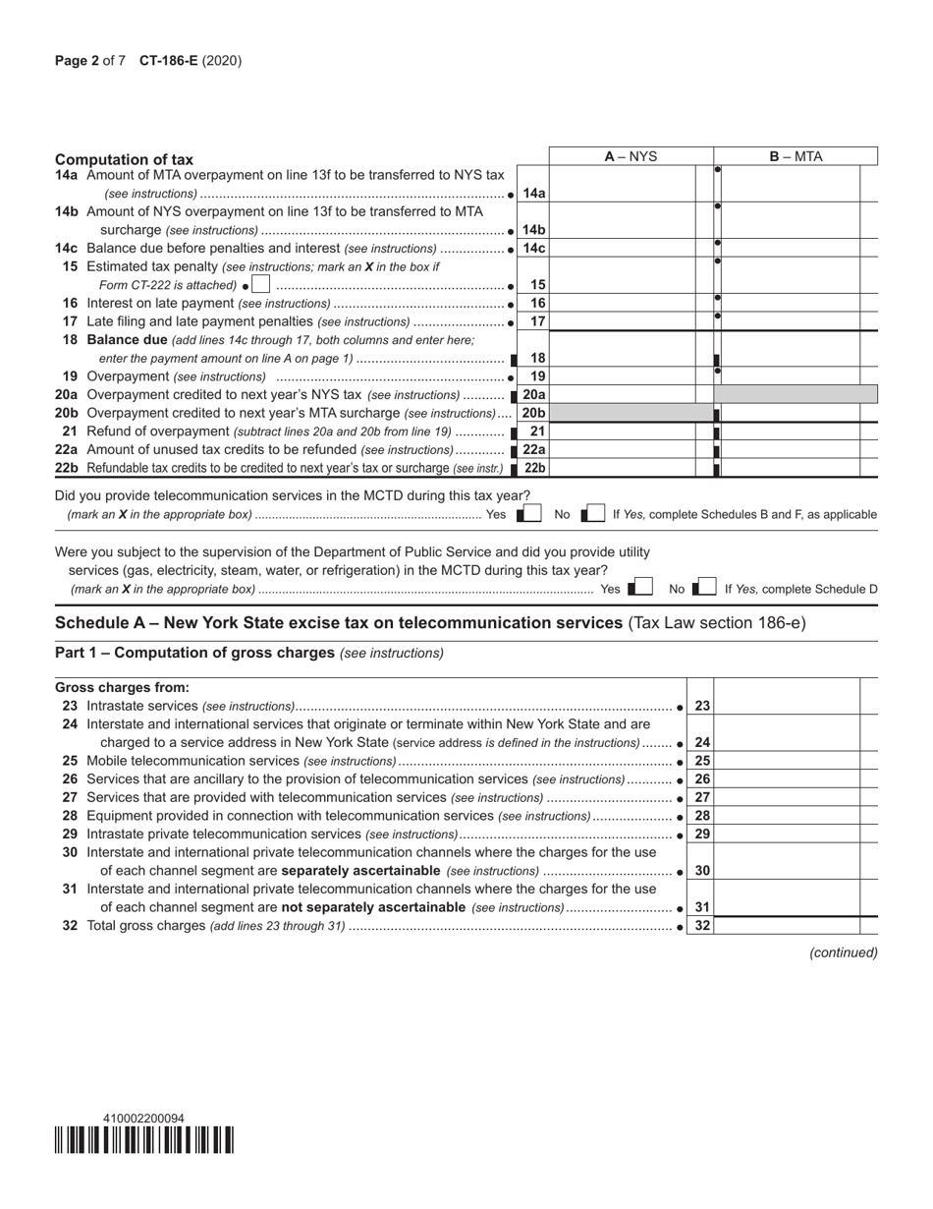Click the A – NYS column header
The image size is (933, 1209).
pos(631,156)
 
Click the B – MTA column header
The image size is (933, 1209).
pos(796,156)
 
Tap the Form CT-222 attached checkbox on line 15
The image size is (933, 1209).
pos(260,285)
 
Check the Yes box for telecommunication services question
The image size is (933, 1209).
pos(531,514)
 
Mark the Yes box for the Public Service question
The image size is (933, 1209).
pos(642,589)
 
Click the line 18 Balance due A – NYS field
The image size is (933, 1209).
pos(622,359)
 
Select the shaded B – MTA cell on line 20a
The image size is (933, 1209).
pos(796,394)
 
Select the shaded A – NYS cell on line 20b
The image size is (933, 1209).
pos(622,413)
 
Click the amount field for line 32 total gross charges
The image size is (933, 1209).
pos(787,926)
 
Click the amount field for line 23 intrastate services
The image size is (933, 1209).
pos(787,706)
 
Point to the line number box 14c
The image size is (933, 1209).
pos(533,249)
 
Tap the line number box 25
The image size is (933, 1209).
pos(702,761)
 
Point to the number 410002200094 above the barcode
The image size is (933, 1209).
pos(143,1119)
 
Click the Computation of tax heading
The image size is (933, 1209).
pos(125,159)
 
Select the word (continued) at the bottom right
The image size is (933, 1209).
pos(843,952)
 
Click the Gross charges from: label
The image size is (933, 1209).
pos(122,688)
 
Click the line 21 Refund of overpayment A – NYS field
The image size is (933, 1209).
pos(622,432)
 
